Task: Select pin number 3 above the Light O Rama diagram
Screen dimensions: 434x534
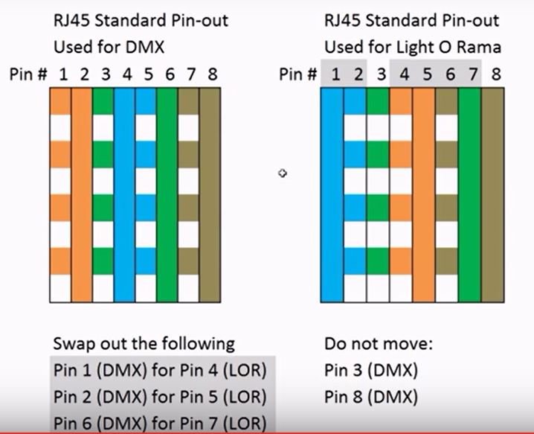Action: (x=381, y=74)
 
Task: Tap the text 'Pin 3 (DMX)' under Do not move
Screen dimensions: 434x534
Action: (x=371, y=370)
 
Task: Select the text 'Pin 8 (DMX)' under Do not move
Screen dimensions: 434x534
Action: (x=371, y=397)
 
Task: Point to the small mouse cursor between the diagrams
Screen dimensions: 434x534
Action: (x=283, y=173)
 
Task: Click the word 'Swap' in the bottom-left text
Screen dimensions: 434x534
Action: (x=72, y=344)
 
